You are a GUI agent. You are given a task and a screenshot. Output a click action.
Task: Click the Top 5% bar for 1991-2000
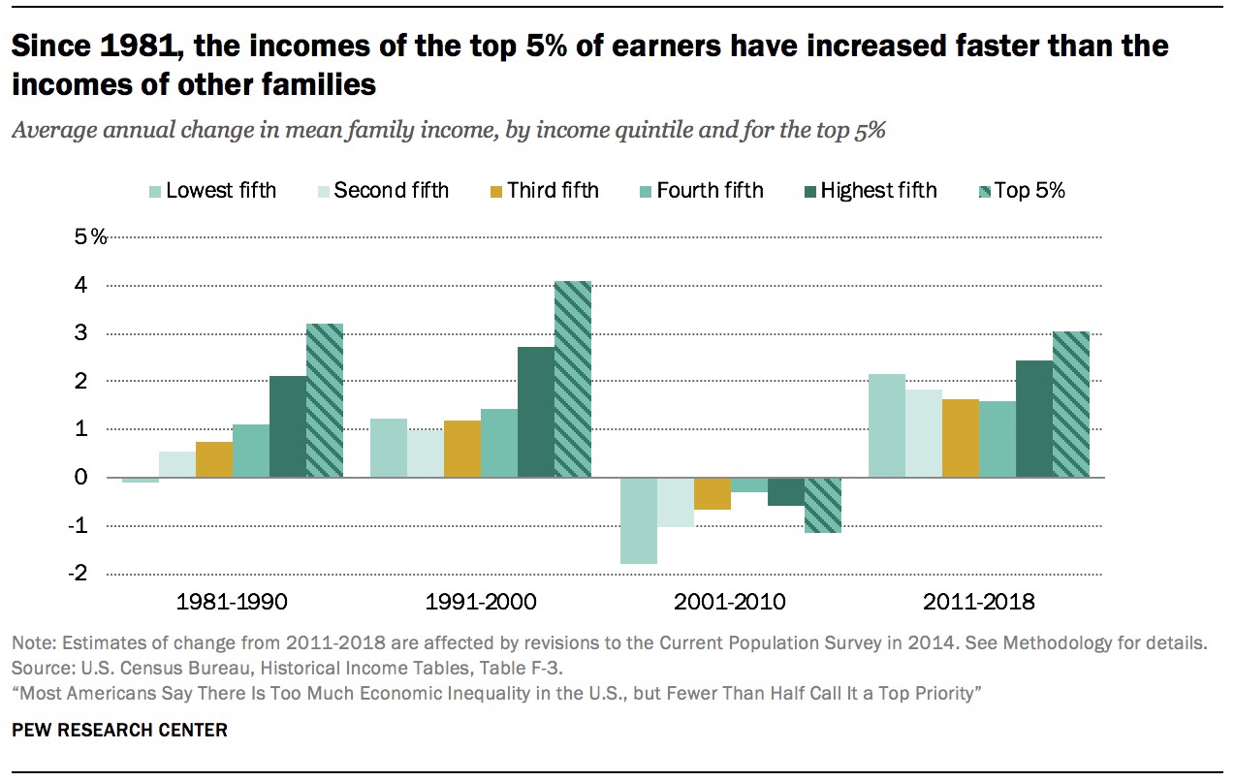click(573, 379)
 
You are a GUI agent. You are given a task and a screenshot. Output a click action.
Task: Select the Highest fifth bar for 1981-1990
click(288, 426)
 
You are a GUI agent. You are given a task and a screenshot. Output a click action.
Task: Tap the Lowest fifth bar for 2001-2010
click(639, 521)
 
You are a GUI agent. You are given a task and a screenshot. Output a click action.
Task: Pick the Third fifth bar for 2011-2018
click(961, 438)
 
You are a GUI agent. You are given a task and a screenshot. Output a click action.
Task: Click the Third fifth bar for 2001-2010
click(712, 494)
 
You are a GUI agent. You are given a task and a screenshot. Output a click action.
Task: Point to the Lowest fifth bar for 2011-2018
click(887, 425)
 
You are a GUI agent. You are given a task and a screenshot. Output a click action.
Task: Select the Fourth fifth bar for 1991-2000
click(499, 443)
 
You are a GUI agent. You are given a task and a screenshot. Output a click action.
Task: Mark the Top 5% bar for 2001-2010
click(823, 506)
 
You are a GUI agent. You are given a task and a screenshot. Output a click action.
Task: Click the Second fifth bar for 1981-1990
click(177, 465)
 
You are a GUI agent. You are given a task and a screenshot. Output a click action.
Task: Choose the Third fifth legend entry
click(544, 191)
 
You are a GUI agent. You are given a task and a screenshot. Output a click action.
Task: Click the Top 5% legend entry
click(1022, 191)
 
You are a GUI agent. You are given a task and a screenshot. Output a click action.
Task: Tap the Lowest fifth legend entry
click(213, 191)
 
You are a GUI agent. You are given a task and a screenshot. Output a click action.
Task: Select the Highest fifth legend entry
click(871, 191)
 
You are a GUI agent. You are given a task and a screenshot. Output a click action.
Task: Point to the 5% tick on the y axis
click(91, 237)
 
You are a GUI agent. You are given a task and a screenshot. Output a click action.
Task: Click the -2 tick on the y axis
click(78, 574)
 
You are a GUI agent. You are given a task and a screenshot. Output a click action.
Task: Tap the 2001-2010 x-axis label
click(729, 602)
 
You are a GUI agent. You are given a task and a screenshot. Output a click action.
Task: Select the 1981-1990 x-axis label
click(232, 602)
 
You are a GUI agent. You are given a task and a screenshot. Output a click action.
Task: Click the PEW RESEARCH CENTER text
click(119, 731)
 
